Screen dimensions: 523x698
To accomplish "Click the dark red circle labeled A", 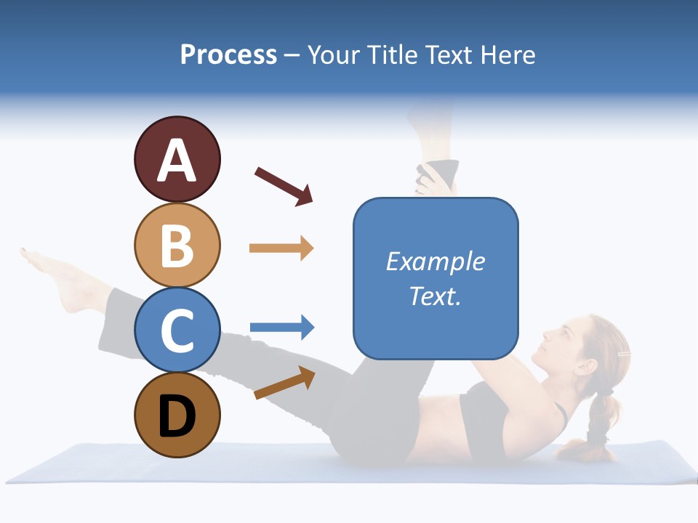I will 177,160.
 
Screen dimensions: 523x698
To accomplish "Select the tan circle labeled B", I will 177,246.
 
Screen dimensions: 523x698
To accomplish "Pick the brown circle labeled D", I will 177,415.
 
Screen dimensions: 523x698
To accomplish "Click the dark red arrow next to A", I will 284,186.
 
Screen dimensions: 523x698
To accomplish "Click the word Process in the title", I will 228,54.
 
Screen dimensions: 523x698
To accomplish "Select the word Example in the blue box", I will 435,261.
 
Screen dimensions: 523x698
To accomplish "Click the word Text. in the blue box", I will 435,296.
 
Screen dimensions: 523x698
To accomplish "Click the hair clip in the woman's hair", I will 623,354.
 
